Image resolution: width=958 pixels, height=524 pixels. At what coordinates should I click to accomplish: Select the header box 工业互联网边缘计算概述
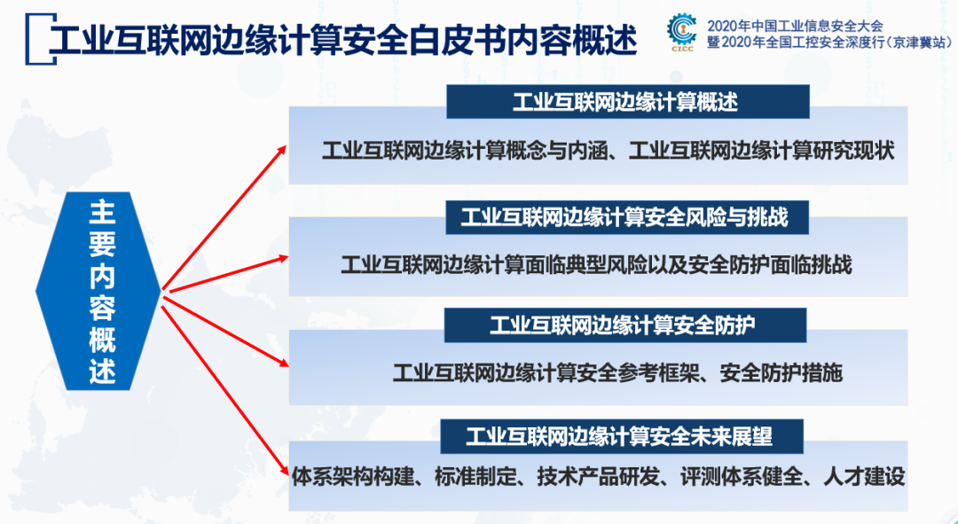coord(626,102)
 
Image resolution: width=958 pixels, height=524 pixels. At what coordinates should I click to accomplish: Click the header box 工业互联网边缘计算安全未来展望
coord(620,436)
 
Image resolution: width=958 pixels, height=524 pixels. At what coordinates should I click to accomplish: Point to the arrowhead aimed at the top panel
coord(282,148)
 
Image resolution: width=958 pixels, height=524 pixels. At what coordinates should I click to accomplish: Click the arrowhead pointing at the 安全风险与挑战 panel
coord(282,257)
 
